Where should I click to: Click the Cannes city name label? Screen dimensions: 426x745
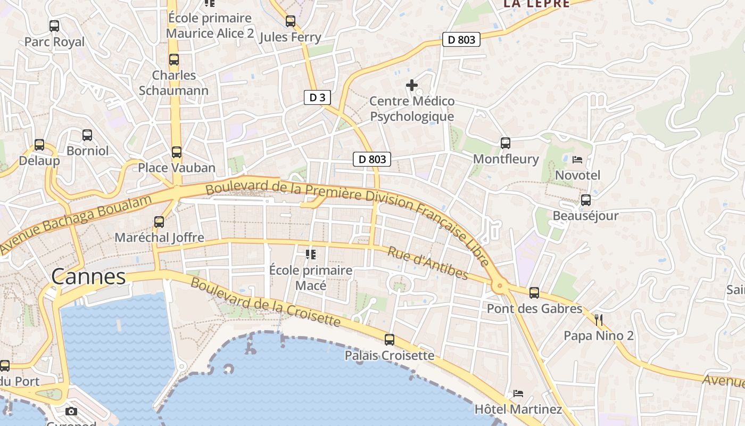[89, 276]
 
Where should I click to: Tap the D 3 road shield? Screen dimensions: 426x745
[317, 97]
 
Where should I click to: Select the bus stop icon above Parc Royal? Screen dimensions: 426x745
[54, 26]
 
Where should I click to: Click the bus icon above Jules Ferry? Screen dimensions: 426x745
[290, 21]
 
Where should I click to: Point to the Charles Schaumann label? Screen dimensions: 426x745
[174, 83]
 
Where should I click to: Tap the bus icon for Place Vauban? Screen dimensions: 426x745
[177, 152]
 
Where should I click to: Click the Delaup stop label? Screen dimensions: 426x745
[39, 160]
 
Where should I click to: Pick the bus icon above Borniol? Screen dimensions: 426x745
[87, 135]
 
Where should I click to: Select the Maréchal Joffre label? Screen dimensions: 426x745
[160, 237]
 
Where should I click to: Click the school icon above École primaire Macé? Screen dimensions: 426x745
[311, 255]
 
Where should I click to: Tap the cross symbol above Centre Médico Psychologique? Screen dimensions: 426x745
[412, 85]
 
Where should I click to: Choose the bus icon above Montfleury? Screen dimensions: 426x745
[506, 143]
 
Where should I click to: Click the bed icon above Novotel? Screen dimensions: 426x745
[577, 159]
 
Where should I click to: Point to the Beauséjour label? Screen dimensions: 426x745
[585, 216]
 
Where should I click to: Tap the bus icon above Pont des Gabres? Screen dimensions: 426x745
[534, 292]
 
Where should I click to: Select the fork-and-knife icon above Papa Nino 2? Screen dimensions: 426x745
[599, 320]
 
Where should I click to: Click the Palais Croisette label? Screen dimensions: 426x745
[390, 355]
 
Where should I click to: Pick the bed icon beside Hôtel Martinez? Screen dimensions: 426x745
[518, 394]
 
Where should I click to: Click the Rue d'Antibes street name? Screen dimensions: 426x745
[427, 263]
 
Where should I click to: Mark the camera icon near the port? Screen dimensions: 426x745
[71, 411]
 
